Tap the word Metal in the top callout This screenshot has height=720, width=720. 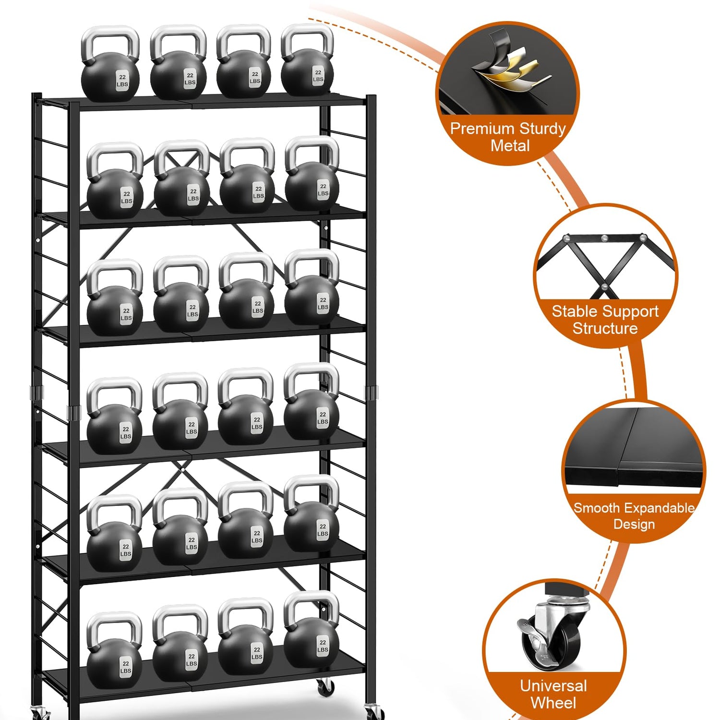point(510,145)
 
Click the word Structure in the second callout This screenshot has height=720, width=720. point(605,329)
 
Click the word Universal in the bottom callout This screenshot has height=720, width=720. point(553,686)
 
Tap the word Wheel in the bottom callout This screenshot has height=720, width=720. point(553,703)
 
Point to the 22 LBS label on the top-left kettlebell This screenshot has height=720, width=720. point(122,80)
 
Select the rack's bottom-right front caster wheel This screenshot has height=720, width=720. point(373,712)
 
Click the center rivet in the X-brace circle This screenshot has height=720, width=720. point(604,288)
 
